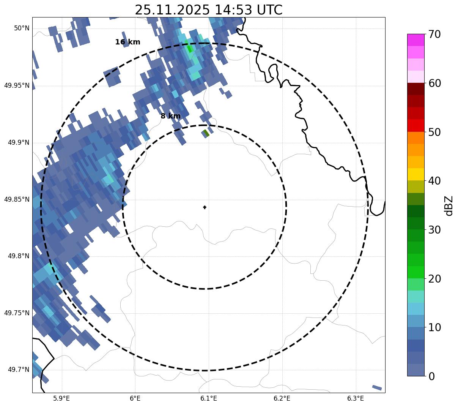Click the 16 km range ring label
pyautogui.click(x=127, y=42)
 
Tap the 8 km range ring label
pyautogui.click(x=170, y=116)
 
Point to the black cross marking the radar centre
pyautogui.click(x=205, y=207)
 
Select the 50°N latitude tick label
pyautogui.click(x=22, y=28)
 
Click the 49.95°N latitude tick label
pyautogui.click(x=17, y=85)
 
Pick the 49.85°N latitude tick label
pyautogui.click(x=17, y=199)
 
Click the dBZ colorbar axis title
pyautogui.click(x=449, y=205)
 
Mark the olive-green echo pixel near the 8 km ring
pyautogui.click(x=206, y=133)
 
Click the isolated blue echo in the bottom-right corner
pyautogui.click(x=377, y=387)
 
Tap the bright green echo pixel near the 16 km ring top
pyautogui.click(x=189, y=49)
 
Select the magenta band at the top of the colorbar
pyautogui.click(x=416, y=40)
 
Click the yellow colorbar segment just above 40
pyautogui.click(x=416, y=174)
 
